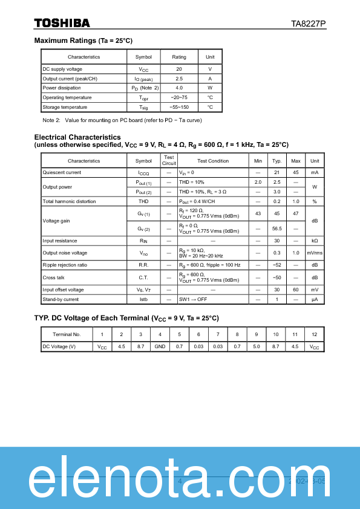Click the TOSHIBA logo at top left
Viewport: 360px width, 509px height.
pos(62,23)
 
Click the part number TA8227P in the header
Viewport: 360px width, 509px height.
pos(308,24)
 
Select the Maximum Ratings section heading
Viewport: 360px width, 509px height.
pos(83,41)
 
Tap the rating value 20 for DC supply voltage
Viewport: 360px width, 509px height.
pos(179,69)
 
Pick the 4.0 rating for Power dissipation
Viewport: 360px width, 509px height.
pos(179,88)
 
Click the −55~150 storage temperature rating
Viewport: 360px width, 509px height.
pos(179,107)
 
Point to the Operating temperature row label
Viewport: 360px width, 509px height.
pos(67,97)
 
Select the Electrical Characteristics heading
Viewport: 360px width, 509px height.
pos(77,137)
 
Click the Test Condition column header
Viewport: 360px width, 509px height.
pos(213,161)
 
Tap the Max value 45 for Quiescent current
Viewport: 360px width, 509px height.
pos(296,172)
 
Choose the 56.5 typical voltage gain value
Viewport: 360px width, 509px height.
pos(277,229)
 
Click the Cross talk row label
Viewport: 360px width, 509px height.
pos(54,277)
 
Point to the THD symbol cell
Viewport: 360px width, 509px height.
pos(143,201)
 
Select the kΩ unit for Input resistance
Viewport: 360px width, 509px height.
pos(315,241)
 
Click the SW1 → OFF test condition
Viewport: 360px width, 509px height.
pos(192,299)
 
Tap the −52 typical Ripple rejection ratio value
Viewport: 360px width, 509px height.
pos(277,265)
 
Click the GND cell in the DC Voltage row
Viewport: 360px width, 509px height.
pos(160,346)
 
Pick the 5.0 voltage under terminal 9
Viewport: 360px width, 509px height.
pos(257,346)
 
